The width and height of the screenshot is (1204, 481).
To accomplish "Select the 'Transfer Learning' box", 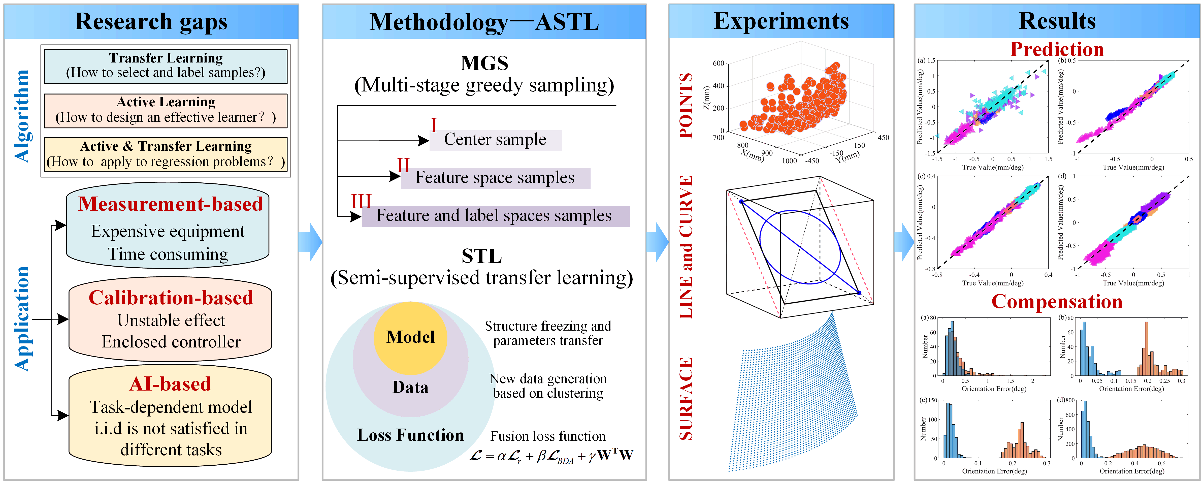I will click(166, 66).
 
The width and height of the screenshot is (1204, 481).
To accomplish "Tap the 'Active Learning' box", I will click(166, 110).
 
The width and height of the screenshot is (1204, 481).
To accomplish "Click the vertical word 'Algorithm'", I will click(22, 116).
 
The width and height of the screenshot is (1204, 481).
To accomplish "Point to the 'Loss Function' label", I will click(410, 435).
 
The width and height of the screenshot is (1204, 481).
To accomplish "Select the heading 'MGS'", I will click(484, 63).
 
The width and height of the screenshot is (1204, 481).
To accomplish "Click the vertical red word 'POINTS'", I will click(686, 105).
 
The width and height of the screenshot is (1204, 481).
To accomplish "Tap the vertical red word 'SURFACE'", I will click(686, 398).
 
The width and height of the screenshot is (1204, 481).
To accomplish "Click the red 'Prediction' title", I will click(1057, 49).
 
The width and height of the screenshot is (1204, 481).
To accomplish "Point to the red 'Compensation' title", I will click(1057, 302).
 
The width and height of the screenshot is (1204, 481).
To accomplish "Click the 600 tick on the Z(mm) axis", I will click(718, 63).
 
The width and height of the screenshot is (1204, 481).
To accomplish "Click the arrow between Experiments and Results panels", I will click(904, 242).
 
